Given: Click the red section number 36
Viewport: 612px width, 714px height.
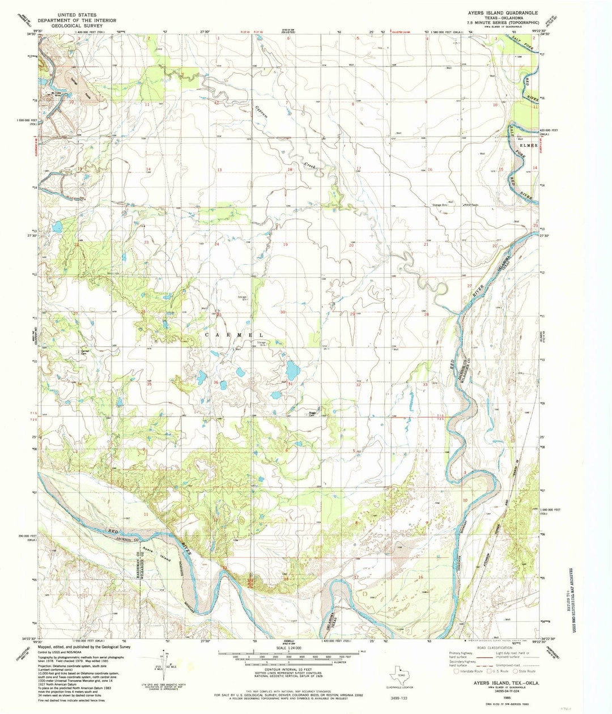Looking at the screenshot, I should tap(216, 382).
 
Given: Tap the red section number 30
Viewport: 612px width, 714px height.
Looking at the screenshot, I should tap(282, 312).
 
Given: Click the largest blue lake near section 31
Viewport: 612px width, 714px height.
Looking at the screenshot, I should tap(292, 372).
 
